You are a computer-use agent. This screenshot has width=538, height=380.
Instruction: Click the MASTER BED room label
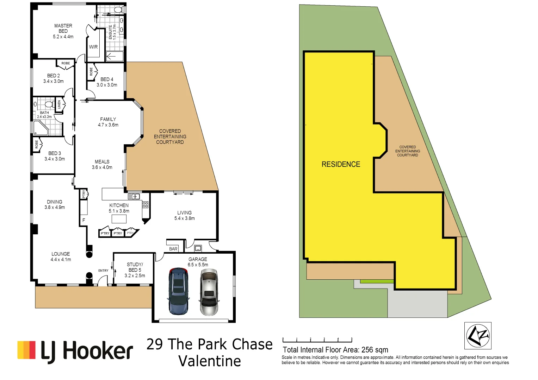point(63,28)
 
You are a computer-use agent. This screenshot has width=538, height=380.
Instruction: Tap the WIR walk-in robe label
point(93,47)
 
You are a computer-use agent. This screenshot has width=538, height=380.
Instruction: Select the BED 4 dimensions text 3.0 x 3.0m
point(107,85)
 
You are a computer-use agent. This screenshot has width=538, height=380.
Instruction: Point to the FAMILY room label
point(108,119)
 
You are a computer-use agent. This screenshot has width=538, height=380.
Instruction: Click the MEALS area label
point(102,162)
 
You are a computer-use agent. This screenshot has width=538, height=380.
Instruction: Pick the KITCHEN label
point(119,205)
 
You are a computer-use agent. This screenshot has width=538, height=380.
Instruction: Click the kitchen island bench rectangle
point(119,219)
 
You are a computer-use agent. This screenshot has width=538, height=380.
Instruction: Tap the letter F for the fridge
point(84,220)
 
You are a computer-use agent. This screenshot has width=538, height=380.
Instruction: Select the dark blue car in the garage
point(179,291)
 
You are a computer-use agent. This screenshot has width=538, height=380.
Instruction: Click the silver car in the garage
point(209,292)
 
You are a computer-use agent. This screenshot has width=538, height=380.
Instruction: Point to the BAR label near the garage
point(173,249)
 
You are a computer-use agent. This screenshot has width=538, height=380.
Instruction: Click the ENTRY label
point(103,271)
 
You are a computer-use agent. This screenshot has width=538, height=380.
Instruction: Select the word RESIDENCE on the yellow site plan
point(341,164)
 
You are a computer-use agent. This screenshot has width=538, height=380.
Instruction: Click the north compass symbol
point(478,335)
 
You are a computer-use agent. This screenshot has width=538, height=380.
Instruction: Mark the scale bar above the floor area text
point(317,340)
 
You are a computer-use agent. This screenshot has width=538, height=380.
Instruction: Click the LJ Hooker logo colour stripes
point(26,350)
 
